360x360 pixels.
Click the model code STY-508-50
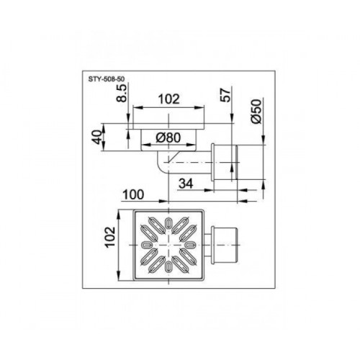click(107, 79)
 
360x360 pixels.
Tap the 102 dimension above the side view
click(168, 99)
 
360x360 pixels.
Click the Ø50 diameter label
click(256, 112)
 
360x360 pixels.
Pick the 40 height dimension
click(96, 138)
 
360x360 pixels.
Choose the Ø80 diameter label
click(168, 138)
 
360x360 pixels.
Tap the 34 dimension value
click(186, 184)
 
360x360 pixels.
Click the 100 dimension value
click(133, 194)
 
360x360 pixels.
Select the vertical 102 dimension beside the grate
click(111, 237)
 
